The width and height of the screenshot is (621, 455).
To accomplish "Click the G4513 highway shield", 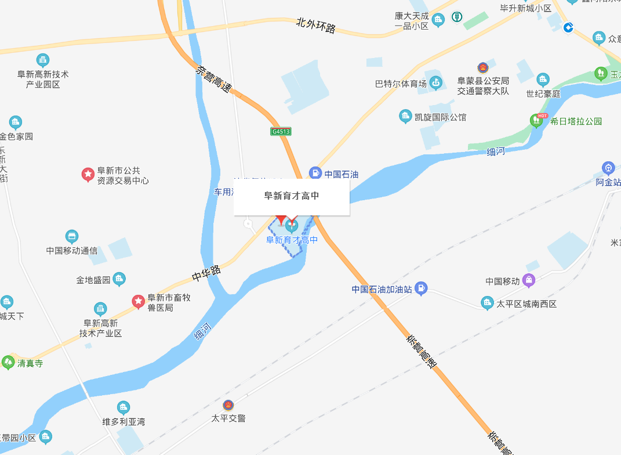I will tap(281, 132).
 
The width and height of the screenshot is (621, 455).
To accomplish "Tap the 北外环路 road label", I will tap(316, 26).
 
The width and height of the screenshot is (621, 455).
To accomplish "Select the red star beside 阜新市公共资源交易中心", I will tap(88, 174).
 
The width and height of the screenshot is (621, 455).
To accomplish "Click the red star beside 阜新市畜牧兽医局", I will tap(138, 301).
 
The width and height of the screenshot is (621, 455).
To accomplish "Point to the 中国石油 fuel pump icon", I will tap(315, 172).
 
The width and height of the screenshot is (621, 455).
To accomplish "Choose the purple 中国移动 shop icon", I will tap(529, 280).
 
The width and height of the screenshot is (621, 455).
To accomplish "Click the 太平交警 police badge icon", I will tap(228, 405).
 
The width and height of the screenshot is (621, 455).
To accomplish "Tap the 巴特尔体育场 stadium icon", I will tap(435, 84).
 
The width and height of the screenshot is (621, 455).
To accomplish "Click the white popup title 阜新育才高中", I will tap(292, 196).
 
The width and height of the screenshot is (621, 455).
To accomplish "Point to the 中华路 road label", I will tap(207, 273).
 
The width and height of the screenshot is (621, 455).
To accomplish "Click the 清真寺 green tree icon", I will tap(8, 362).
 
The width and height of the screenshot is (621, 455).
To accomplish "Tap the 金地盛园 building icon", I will tap(119, 279).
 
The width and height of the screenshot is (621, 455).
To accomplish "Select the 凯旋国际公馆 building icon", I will tap(406, 117).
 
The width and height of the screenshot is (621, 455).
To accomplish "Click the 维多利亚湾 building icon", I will tap(123, 407).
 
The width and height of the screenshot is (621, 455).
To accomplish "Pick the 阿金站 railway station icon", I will tap(608, 168).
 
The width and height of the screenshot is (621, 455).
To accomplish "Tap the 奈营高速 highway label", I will tap(213, 81).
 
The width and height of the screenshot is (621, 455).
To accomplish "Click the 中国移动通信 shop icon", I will tap(72, 237).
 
